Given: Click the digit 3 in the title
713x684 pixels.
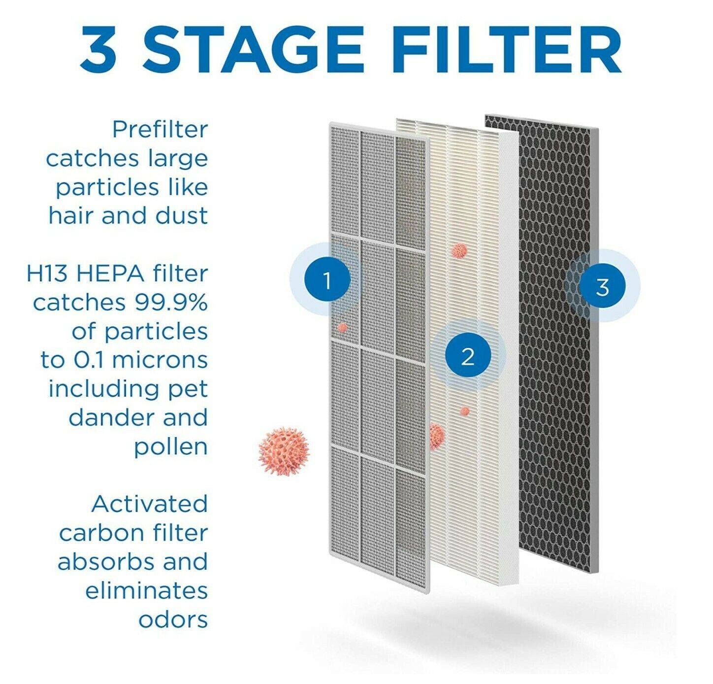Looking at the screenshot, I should (99, 49).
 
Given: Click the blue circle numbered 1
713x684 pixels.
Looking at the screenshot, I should (327, 280).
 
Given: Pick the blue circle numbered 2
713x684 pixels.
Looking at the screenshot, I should (468, 355).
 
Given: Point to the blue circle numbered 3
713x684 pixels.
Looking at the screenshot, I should (602, 286).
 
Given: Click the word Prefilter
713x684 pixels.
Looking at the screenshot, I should (160, 130).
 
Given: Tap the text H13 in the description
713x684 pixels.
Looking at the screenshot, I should (48, 274).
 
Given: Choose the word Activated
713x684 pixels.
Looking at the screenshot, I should (150, 504).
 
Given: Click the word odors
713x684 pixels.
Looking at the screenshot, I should (173, 620).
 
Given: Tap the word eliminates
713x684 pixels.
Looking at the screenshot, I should (146, 590).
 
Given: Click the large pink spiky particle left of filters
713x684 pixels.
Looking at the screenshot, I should (284, 450).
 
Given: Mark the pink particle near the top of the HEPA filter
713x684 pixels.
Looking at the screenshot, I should (459, 251).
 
